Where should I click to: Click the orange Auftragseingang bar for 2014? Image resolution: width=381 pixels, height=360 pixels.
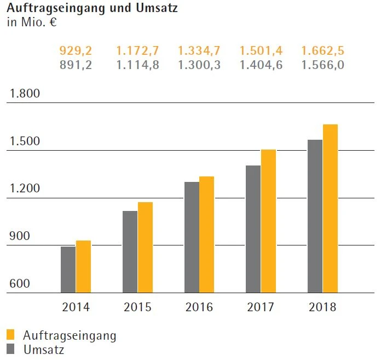[x=83, y=266]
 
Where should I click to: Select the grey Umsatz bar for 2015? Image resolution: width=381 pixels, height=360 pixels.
[x=130, y=252]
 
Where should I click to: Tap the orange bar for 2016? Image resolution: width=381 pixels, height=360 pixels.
[x=206, y=235]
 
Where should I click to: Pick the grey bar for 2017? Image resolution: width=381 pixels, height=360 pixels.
[x=253, y=229]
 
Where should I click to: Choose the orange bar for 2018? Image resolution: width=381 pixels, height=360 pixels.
[x=330, y=208]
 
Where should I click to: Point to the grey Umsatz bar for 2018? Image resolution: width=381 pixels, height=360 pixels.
[x=315, y=216]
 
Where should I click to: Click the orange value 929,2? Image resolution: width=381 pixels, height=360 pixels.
[x=76, y=51]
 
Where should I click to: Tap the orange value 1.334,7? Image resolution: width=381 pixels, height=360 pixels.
[x=199, y=51]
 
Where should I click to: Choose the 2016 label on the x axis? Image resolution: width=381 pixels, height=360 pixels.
[x=199, y=307]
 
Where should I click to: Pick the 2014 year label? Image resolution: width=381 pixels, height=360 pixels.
[x=76, y=307]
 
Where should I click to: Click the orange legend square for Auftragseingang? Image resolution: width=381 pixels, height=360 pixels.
[x=11, y=335]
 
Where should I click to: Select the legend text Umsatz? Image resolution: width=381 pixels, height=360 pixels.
[x=44, y=350]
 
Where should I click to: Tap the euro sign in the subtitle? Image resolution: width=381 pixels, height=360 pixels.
[x=53, y=23]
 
